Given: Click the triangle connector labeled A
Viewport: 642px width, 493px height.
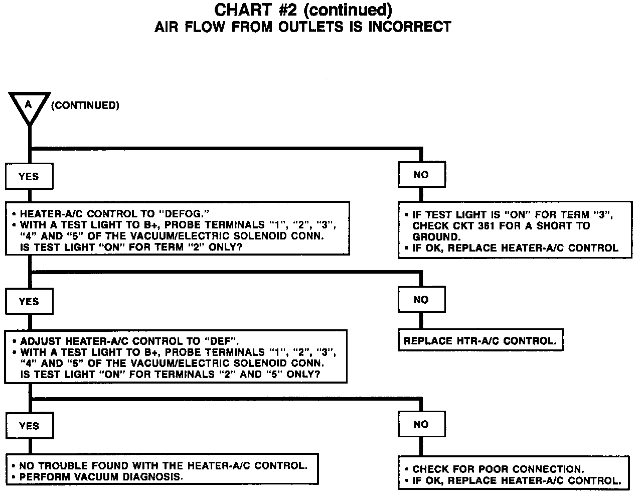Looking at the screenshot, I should pos(29,106).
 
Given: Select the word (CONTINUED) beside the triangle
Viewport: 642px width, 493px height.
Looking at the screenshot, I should pos(85,105).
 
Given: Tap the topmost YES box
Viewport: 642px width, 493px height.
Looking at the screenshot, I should pos(29,176).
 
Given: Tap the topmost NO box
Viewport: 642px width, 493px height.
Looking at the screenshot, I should pos(421,175).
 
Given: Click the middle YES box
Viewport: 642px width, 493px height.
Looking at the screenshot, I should pos(29,301).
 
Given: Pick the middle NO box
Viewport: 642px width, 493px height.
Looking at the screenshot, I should pos(421,300).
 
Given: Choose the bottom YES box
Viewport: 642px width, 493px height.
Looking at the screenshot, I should pos(29,426).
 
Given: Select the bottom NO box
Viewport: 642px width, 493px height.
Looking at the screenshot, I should pos(421,424).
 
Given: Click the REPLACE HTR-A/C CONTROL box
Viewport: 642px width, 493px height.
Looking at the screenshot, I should pos(480,341).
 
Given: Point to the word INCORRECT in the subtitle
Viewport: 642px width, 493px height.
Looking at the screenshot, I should pos(410,27).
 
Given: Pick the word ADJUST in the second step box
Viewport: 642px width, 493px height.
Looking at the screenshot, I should pos(42,341).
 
